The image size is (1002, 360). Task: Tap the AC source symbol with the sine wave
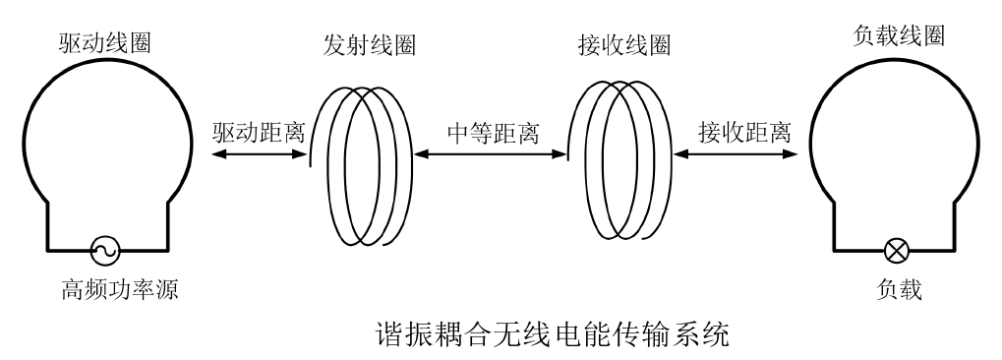pyautogui.click(x=101, y=252)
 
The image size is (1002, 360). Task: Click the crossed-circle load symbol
pyautogui.click(x=896, y=252)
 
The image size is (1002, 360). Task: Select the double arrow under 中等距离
pyautogui.click(x=490, y=153)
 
